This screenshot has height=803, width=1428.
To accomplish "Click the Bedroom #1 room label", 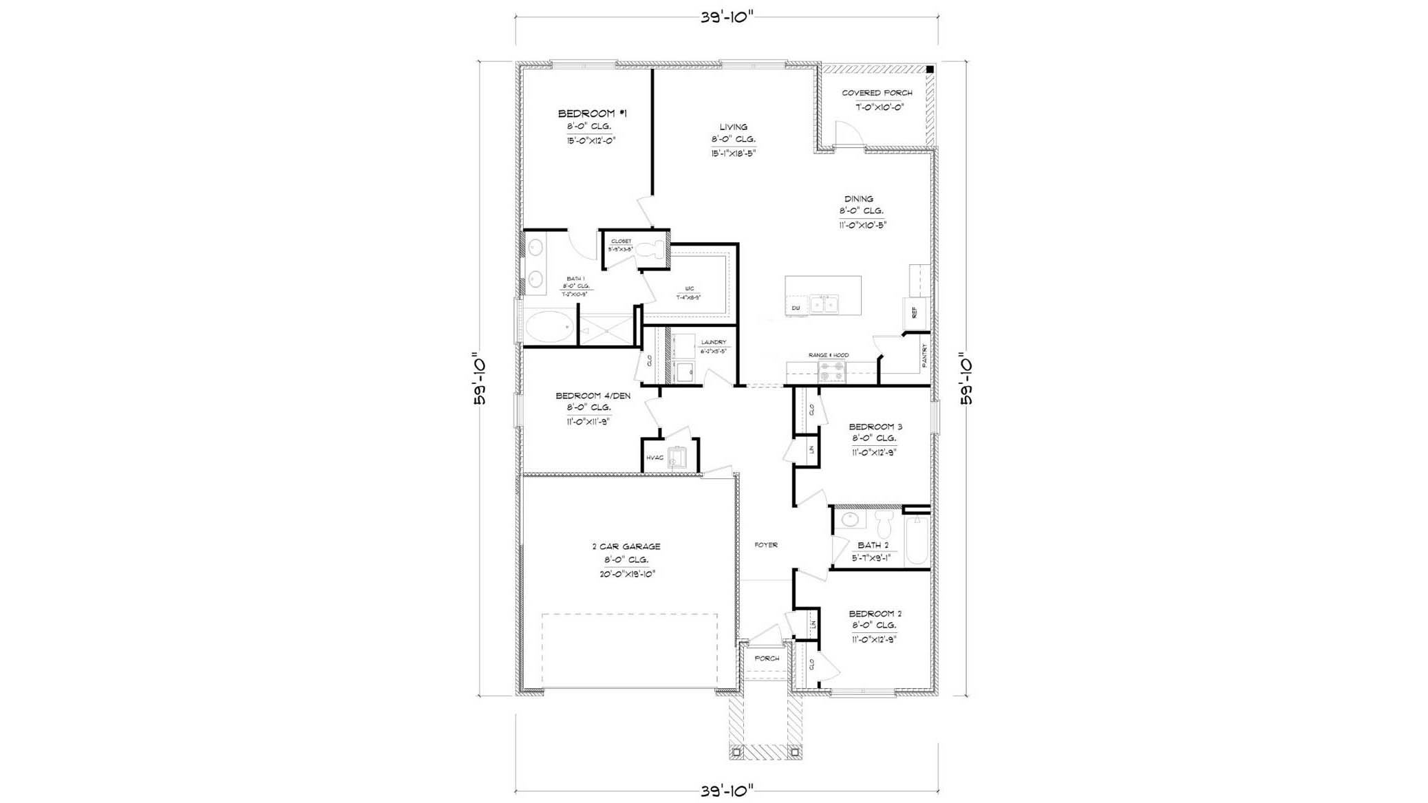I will coord(592,114).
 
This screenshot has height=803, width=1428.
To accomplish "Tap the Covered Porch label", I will coord(877,93).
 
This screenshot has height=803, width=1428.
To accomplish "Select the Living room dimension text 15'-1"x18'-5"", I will coord(734,153).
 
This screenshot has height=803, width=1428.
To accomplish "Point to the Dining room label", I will coord(858,199).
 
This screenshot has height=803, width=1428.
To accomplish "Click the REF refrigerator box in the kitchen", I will coord(915,313).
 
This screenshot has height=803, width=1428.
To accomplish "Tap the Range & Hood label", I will coord(828,355).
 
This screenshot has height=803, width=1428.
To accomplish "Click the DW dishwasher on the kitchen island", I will coord(796,308).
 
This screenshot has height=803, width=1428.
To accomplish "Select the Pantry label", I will coord(924,356).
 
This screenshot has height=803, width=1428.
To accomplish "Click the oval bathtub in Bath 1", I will coord(549,326).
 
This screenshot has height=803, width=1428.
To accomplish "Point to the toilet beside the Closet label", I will coord(650,249).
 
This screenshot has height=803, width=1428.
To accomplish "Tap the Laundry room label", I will coord(713,342).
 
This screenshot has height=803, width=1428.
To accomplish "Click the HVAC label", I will coord(654,458).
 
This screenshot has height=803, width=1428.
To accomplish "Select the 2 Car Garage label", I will coord(626,546).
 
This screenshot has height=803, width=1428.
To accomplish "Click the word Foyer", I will coord(766,545).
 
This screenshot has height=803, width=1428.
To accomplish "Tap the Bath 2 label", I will coord(873,546).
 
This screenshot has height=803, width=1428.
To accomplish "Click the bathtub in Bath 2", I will coord(917,540).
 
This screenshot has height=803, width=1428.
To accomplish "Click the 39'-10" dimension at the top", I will coord(727,18).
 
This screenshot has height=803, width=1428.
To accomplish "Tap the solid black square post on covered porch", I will coord(930,69).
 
